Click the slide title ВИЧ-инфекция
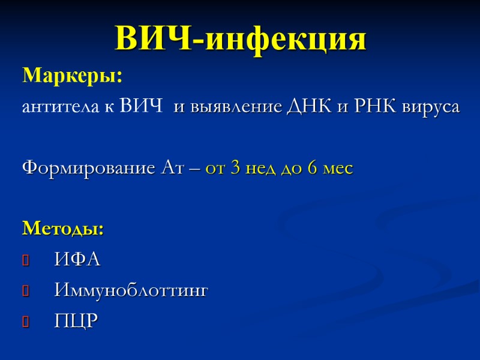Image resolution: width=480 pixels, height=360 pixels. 240,39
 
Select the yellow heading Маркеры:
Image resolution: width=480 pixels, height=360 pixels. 72,77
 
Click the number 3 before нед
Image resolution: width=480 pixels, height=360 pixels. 235,169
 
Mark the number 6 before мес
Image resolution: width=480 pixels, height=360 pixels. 312,169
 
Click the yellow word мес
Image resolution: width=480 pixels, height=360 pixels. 338,169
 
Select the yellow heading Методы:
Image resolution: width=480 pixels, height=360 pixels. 63,229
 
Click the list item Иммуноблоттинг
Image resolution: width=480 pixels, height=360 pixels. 131,291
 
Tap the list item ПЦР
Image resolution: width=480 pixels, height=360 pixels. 75,321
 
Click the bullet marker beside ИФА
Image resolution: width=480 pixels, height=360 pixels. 26,260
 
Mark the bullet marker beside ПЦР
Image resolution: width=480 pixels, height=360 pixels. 26,322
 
